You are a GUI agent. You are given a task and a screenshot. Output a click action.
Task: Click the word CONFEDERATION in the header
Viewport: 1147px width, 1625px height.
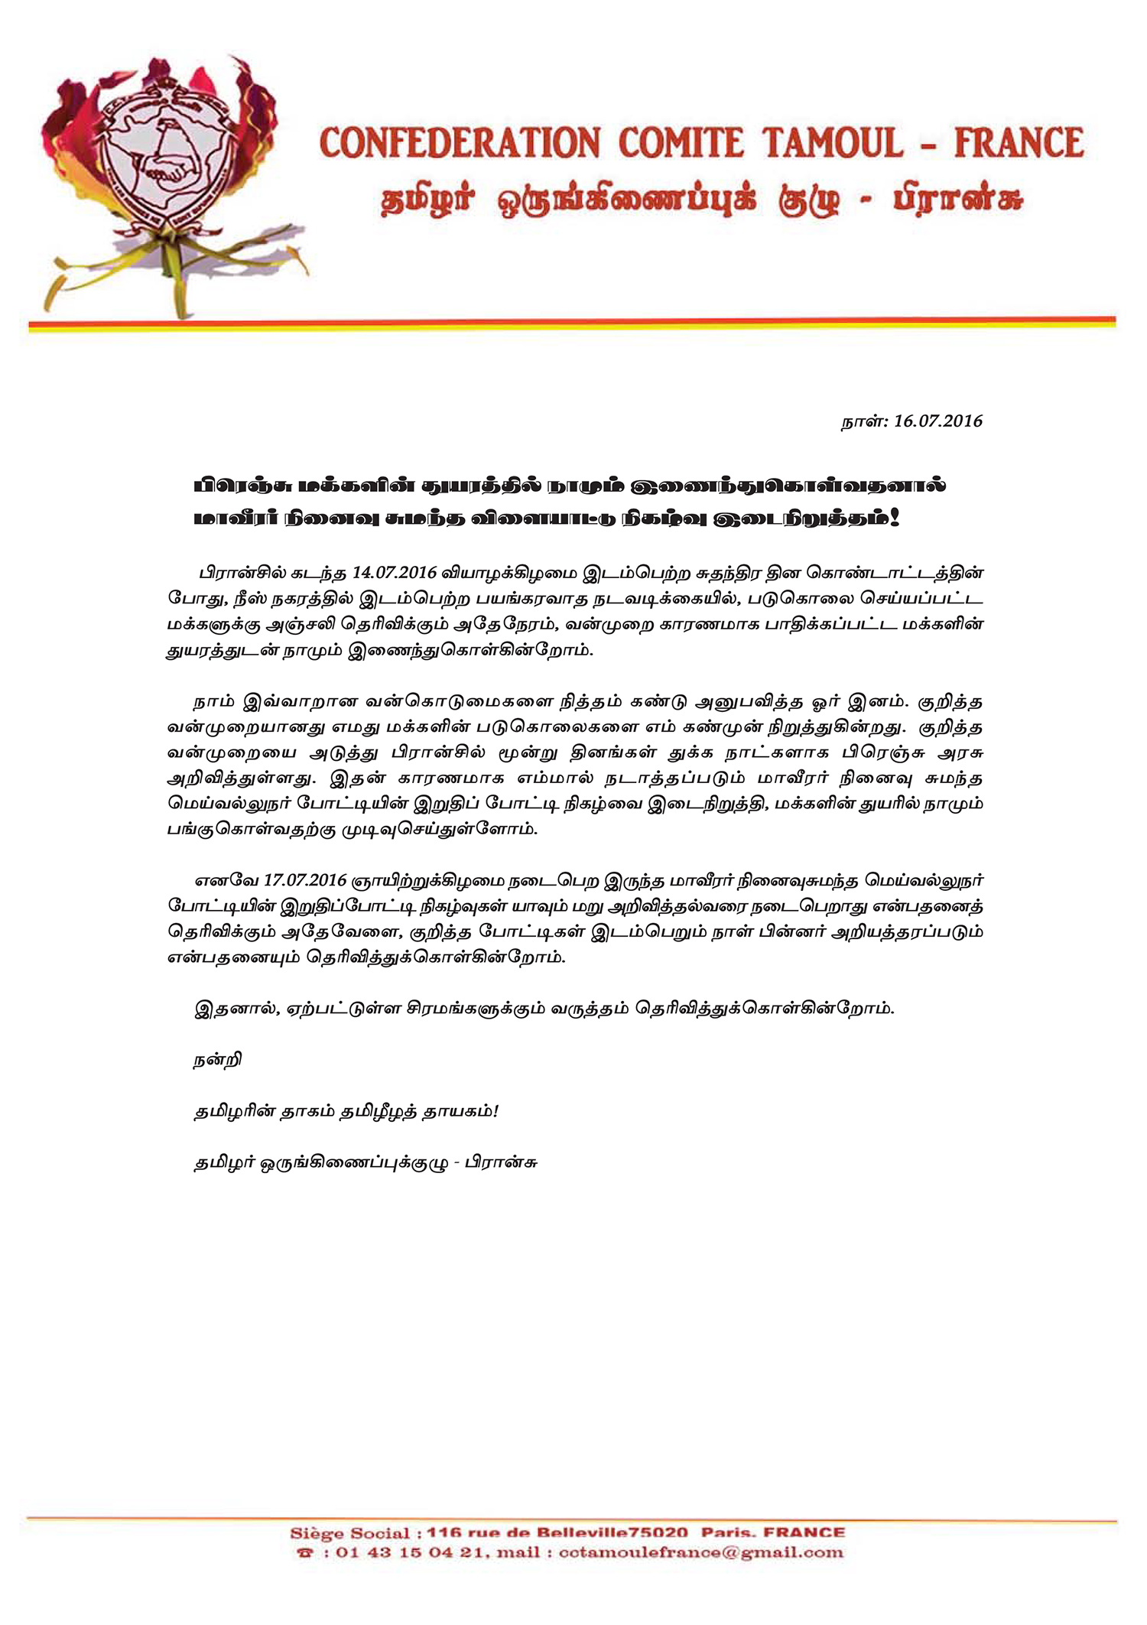(460, 144)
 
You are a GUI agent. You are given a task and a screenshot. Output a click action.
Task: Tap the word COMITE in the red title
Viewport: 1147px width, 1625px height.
(681, 144)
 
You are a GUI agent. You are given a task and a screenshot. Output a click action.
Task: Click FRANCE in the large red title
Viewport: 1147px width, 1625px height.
(1019, 144)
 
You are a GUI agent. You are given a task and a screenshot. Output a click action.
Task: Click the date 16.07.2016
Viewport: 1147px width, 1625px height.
(937, 421)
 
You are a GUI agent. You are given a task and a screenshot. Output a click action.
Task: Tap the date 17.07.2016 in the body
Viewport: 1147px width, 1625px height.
(306, 880)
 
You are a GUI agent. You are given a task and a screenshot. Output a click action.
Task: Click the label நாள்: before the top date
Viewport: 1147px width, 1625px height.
(863, 421)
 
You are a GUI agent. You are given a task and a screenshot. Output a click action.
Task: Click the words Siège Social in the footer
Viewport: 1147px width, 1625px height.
(350, 1532)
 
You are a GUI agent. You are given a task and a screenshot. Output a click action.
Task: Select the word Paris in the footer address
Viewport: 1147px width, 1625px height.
(726, 1532)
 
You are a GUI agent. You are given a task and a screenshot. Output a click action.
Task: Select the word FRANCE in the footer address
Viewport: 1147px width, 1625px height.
(804, 1532)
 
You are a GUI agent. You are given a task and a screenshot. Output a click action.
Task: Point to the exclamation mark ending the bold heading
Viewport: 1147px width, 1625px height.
(895, 518)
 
